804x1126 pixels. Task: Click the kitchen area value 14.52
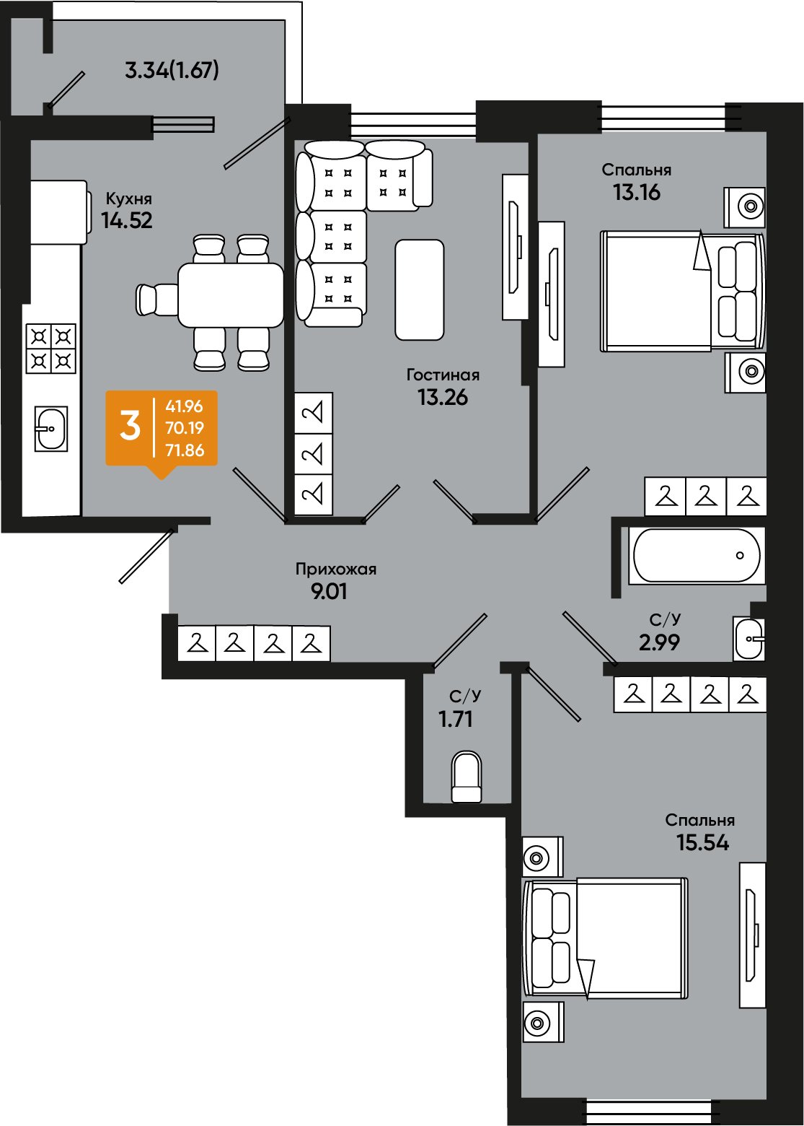127,221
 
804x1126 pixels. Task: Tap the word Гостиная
443,375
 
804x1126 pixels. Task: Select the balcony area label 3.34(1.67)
172,71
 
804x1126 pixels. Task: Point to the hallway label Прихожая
335,569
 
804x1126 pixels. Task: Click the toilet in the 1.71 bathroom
467,777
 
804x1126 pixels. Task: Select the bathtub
697,556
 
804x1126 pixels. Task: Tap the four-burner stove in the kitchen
51,349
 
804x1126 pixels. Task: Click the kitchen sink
51,429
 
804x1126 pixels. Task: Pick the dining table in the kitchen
231,295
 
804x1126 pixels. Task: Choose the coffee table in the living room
420,290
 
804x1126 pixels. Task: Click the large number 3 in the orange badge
130,427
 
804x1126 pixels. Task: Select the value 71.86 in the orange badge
185,450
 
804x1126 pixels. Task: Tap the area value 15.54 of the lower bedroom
702,843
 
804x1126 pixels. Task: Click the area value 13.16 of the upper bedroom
637,193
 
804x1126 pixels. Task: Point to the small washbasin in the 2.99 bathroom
748,639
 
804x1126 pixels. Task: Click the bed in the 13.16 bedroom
682,291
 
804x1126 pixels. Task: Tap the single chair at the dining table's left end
156,300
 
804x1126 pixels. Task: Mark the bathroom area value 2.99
659,642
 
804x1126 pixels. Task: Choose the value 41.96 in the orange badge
185,406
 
